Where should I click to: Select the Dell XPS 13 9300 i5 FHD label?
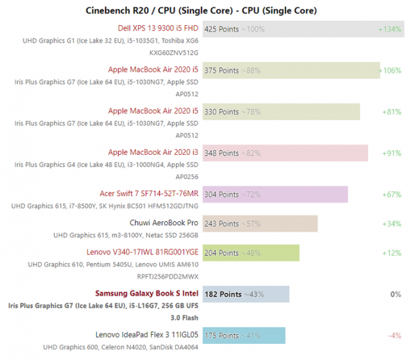coord(158,29)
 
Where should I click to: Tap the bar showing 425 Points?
coord(303,29)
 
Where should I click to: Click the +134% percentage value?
coord(390,29)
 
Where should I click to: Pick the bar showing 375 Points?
coord(291,70)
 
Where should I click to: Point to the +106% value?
coord(390,70)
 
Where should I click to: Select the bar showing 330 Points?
coord(281,112)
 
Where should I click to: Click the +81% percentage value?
coord(391,112)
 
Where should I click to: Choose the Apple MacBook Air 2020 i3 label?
coord(153,153)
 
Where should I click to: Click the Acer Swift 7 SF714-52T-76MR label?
coord(149,194)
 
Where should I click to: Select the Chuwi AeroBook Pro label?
coord(164,223)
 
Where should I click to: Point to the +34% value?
coord(391,224)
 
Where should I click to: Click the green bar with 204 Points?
coord(251,253)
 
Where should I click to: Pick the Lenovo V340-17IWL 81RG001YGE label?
coord(142,252)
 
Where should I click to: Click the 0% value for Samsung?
coord(396,294)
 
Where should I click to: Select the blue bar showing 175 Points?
coord(244,335)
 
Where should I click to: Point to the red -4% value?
coord(395,335)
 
